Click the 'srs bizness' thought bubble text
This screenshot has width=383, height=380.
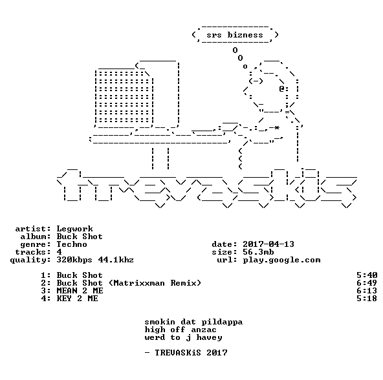coord(235,35)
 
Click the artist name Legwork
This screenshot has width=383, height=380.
coord(74,229)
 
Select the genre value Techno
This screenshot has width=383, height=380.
coord(72,244)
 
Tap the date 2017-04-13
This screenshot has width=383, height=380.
coord(268,244)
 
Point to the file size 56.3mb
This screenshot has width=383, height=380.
coord(258,252)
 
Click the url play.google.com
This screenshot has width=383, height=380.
coord(281,260)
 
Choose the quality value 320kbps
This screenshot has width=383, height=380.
coord(74,260)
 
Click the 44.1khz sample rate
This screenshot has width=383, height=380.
coord(116,260)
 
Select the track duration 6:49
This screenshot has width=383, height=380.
coord(367,283)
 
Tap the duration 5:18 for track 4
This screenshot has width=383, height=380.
coord(367,299)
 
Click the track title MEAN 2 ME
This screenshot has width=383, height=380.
coord(80,291)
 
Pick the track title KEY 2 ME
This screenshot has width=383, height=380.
coord(77,299)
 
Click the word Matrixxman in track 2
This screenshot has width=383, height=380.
coord(139,283)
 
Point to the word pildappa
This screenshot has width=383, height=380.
coord(222,322)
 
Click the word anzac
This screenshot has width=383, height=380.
coord(204,330)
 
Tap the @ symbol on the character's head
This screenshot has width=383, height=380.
coord(281,89)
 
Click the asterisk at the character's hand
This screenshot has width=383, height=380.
coord(276,128)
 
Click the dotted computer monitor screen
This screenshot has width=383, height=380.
coord(124,97)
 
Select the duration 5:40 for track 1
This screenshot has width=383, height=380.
coord(367,275)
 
